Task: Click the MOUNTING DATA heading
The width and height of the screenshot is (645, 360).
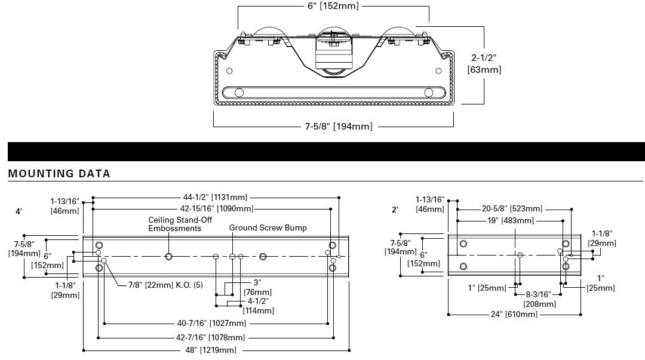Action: pyautogui.click(x=59, y=174)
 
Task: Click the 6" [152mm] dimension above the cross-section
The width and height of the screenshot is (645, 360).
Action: pyautogui.click(x=333, y=7)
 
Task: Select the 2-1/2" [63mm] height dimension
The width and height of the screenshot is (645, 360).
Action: pyautogui.click(x=484, y=63)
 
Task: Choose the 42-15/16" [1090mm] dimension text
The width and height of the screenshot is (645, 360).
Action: pyautogui.click(x=216, y=209)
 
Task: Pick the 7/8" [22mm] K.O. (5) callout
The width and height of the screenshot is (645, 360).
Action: pyautogui.click(x=165, y=285)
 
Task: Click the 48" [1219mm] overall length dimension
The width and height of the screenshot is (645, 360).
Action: pyautogui.click(x=211, y=350)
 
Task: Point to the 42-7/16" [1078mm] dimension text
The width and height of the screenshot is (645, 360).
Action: pyautogui.click(x=213, y=337)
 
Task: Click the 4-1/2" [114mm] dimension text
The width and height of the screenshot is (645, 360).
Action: pyautogui.click(x=258, y=306)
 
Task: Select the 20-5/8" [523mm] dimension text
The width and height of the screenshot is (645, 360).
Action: pyautogui.click(x=512, y=209)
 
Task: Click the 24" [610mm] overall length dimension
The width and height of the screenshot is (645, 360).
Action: pyautogui.click(x=514, y=314)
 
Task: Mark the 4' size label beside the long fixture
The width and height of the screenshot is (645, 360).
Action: pyautogui.click(x=19, y=211)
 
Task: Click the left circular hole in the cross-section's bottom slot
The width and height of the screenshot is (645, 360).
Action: pyautogui.click(x=239, y=93)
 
